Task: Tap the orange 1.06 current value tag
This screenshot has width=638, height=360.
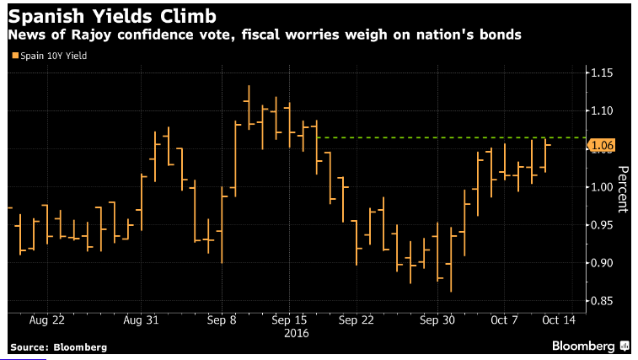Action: coord(602,146)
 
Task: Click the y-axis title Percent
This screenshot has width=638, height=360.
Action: coord(623,188)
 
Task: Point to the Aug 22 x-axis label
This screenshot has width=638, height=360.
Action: coord(47,320)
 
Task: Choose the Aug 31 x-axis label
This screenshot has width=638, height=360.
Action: coord(142,320)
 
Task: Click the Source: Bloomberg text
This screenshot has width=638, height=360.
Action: coord(59,347)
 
